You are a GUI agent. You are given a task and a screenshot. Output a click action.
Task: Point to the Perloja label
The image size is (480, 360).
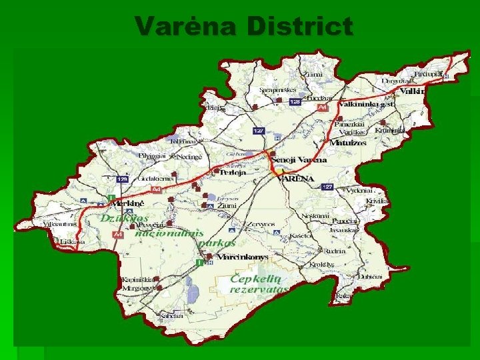coord(233,172)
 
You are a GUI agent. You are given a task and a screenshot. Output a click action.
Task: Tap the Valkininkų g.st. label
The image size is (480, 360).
coord(367,105)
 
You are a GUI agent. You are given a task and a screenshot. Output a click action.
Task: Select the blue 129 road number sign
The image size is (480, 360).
coord(122,179)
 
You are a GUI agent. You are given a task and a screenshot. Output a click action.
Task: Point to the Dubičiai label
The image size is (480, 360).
coord(369,276)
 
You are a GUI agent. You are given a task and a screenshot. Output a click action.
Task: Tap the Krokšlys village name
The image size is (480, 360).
coord(321,265)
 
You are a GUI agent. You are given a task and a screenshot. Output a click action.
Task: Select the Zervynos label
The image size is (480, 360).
coord(261,224)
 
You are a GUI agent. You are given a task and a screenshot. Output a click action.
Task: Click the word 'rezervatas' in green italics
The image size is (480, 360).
coord(259,290)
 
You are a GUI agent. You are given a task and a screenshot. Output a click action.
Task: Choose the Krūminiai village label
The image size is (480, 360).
coord(389,131)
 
